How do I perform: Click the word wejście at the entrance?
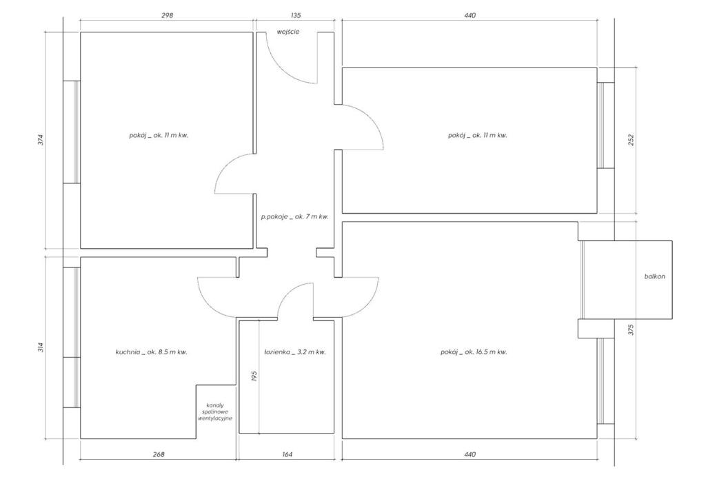click(x=288, y=32)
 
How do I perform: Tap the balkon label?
click(x=655, y=276)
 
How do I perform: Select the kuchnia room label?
click(x=151, y=352)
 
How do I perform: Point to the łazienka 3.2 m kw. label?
click(x=295, y=352)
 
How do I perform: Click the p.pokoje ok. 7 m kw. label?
click(x=295, y=216)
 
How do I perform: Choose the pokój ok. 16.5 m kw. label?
click(x=474, y=352)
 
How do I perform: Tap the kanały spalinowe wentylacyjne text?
click(x=215, y=411)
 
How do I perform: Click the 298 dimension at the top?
click(x=167, y=15)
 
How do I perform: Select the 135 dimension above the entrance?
click(x=295, y=15)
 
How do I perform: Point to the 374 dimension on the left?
click(x=41, y=140)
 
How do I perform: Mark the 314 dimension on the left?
click(x=41, y=347)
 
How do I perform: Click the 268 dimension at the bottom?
click(x=159, y=454)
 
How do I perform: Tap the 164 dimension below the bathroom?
click(x=288, y=454)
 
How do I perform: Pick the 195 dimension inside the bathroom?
click(x=254, y=376)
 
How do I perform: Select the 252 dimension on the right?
click(x=630, y=140)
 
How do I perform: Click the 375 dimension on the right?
click(x=630, y=329)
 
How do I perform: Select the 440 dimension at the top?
click(x=470, y=15)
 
